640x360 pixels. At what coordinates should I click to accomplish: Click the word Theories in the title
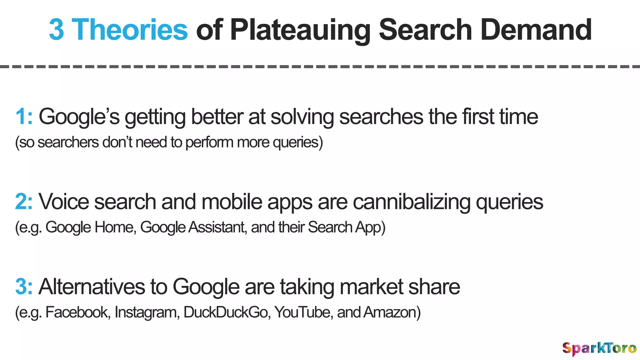(x=130, y=30)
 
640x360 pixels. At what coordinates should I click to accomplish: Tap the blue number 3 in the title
(x=57, y=30)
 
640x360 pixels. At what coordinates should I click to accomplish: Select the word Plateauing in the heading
(x=300, y=30)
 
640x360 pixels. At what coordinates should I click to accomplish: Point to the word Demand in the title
(x=536, y=30)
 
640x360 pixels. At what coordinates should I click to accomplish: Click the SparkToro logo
(x=599, y=348)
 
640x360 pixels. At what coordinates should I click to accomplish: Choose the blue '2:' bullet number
(x=24, y=202)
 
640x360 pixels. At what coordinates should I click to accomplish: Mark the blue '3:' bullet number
(x=24, y=287)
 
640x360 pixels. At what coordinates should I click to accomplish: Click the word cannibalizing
(x=412, y=202)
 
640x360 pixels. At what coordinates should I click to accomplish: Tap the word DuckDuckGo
(x=227, y=312)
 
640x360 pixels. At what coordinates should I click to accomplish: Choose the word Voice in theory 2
(x=64, y=202)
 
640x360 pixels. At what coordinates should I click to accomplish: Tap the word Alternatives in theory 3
(x=92, y=287)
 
